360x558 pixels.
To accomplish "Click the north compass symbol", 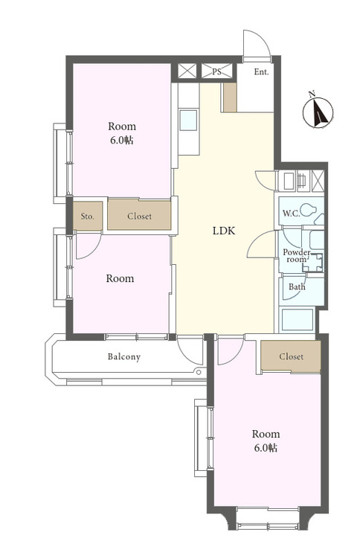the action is pos(318,112).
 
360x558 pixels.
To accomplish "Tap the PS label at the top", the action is pos(216,71).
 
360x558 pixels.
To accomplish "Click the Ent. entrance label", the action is pos(261,72).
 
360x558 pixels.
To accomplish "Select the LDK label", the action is pos(224,231).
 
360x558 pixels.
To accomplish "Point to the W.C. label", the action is pos(292,214).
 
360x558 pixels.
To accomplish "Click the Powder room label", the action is pos(297,255).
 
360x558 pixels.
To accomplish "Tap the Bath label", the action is pos(297,286).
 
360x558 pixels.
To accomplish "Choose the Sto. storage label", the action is pos(87,216).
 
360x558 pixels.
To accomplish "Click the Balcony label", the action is pos(123,356).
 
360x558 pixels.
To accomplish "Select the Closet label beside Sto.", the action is pos(139,216).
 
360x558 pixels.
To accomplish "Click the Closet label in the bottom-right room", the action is pos(291,356).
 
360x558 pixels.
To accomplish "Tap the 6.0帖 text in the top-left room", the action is pos(122,140).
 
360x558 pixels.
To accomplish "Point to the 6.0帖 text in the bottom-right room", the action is pos(266,448).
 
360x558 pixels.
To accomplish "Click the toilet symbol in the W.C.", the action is pos(309,210).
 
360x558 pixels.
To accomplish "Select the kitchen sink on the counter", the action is pos(188,120).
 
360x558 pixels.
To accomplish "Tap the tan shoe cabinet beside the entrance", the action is pos(230,97).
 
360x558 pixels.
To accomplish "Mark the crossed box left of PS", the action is pos(187,71).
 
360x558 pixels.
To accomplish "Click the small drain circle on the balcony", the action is pos(199,372).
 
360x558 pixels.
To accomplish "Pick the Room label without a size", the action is pos(120,278).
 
